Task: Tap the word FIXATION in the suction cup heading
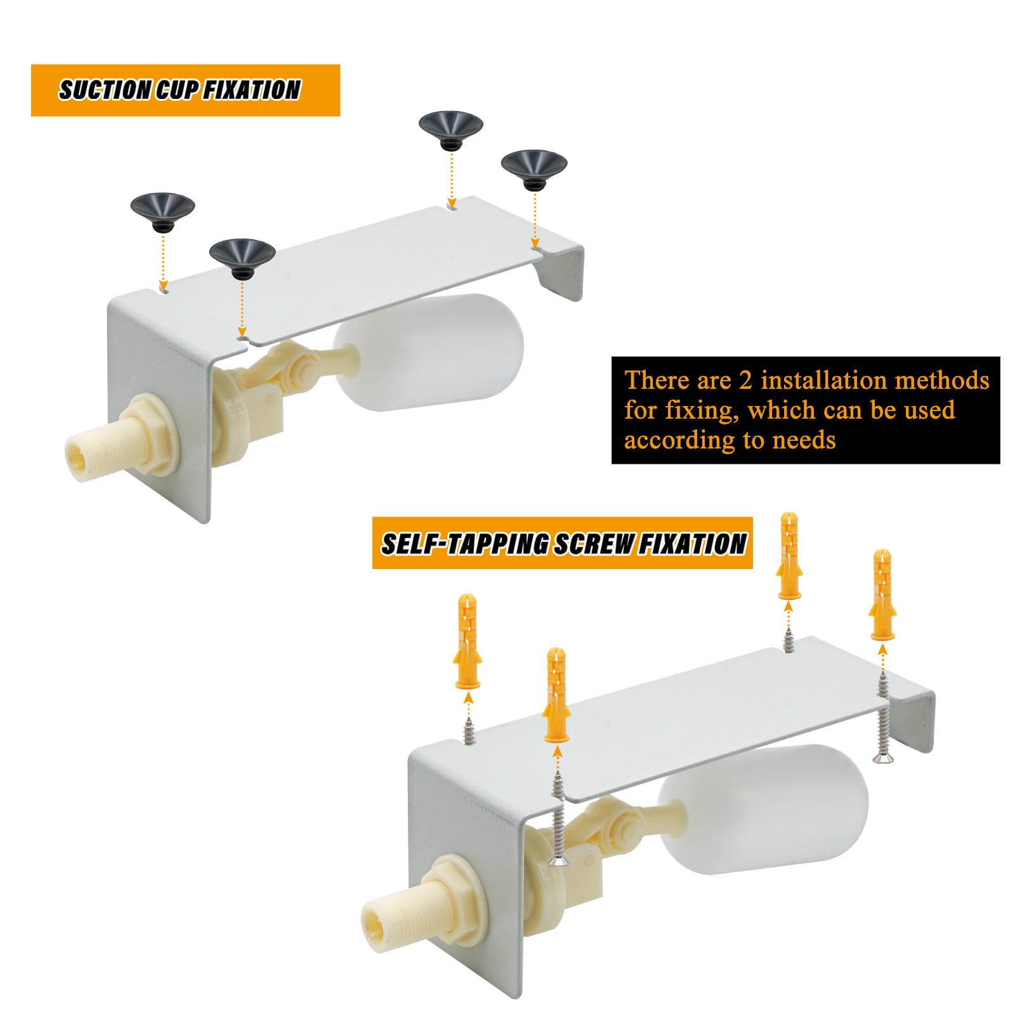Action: [x=252, y=90]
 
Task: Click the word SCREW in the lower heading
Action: [x=594, y=544]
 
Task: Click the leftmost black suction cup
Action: [x=162, y=210]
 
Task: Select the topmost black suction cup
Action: [x=450, y=126]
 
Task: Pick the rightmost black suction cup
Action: [x=534, y=166]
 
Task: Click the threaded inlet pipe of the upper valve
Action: [x=92, y=448]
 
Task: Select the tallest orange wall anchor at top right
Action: [x=789, y=555]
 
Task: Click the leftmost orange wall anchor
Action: [x=468, y=641]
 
